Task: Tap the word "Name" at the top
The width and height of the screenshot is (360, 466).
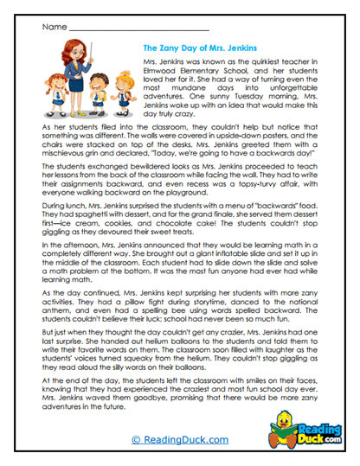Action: (51, 28)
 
